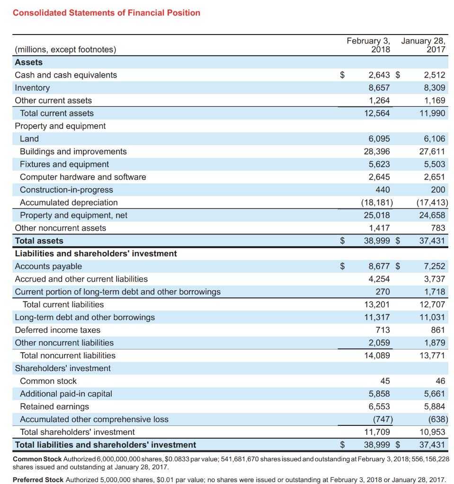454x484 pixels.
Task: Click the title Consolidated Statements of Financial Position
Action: pos(107,13)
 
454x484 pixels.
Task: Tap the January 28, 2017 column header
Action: pos(424,45)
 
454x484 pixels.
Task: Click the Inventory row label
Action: pos(32,88)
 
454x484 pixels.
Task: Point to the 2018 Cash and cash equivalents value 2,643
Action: pos(379,75)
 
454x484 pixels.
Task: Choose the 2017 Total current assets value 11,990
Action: pos(432,113)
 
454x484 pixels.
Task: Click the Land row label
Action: pos(29,139)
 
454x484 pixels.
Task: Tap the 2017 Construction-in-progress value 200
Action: pos(438,190)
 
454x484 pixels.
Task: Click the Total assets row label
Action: pos(39,241)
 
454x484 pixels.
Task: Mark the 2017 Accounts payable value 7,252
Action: pos(434,267)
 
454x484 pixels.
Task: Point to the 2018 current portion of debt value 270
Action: pos(383,292)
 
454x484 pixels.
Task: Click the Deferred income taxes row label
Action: pos(58,330)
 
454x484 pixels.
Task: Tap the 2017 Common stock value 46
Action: pos(440,381)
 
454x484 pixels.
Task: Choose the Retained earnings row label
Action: pos(54,407)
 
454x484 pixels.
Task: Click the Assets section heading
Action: pos(29,62)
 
